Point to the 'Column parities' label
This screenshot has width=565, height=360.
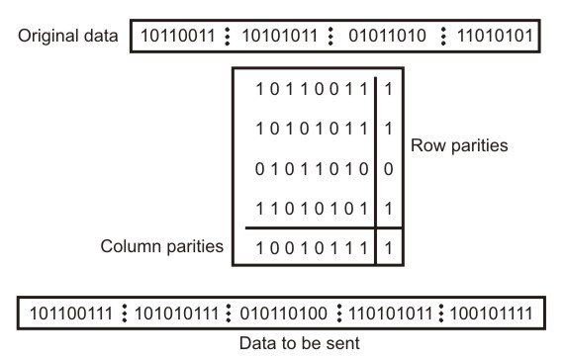tap(164, 242)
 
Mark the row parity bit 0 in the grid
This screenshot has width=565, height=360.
tap(388, 170)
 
